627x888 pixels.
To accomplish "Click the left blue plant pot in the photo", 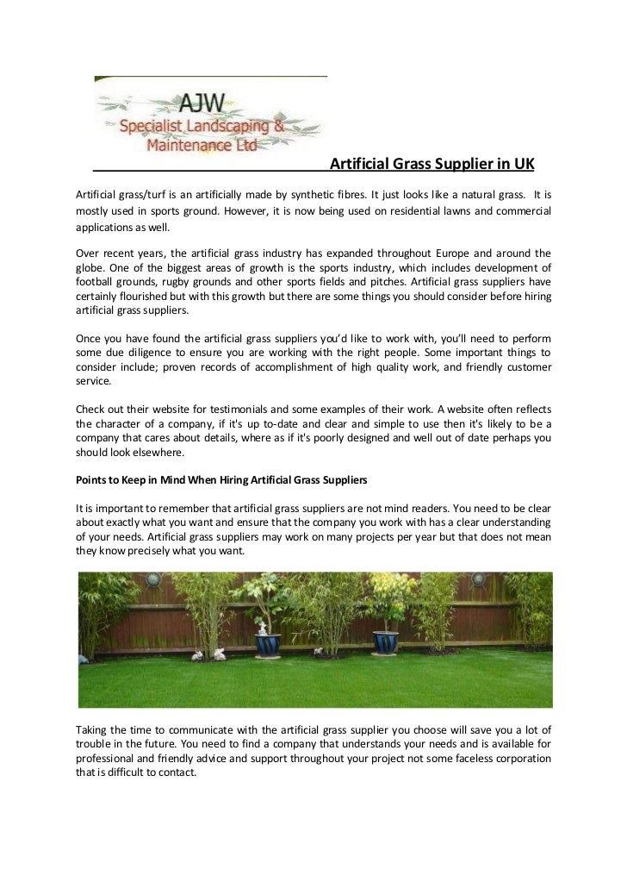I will (x=270, y=644).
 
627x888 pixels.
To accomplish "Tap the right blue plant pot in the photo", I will (x=384, y=642).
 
